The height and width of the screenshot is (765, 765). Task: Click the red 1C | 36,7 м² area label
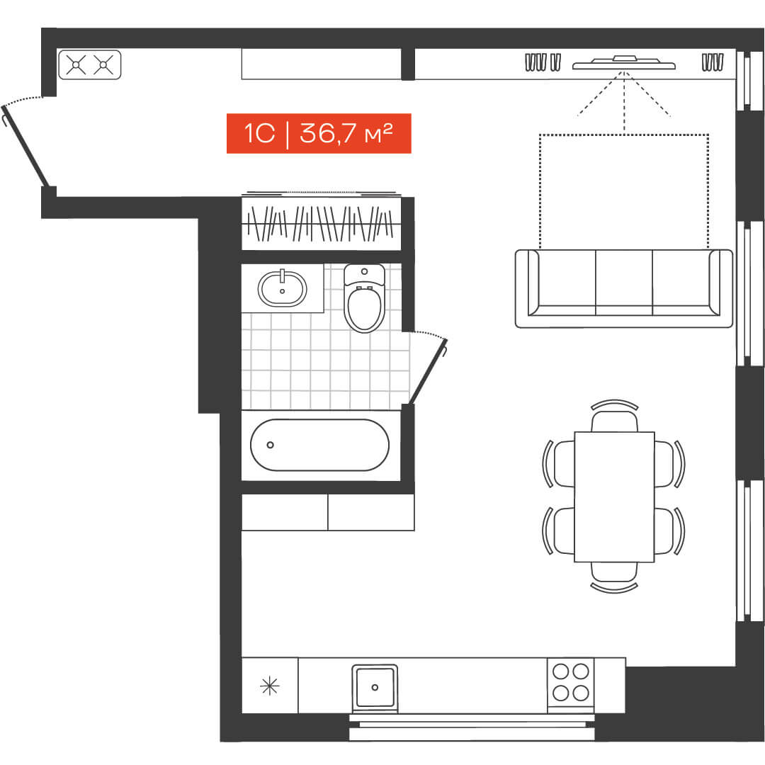pos(319,133)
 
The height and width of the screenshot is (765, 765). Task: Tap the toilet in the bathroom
pos(365,298)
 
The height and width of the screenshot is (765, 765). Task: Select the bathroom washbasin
pos(283,288)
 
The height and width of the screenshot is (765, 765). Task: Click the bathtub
pos(320,444)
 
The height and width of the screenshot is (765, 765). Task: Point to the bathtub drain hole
pos(271,444)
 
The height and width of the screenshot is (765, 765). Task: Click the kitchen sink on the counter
pos(375,687)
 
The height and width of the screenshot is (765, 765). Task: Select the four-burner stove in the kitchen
pos(570,682)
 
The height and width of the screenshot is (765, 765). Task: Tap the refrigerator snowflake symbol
pos(270,686)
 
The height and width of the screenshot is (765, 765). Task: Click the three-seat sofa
pos(624,288)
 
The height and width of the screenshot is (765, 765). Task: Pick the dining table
pos(614,497)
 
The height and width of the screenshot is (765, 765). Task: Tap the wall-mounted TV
pos(624,63)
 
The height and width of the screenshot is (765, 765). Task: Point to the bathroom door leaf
pos(428,371)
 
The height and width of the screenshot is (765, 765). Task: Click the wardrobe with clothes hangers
pos(322,223)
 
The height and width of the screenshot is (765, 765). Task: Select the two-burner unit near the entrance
pos(90,64)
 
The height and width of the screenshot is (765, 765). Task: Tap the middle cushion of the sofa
pos(624,282)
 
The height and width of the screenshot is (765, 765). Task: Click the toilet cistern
pos(365,274)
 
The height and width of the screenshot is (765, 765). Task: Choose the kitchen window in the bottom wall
pos(472,727)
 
